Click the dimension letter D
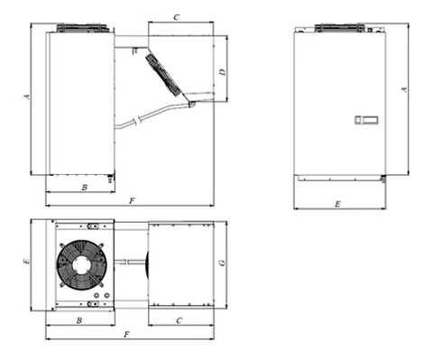(x=223, y=72)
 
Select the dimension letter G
(x=222, y=263)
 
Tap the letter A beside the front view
(x=405, y=89)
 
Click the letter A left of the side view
(x=27, y=97)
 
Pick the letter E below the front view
(x=337, y=204)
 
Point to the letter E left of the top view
(x=27, y=262)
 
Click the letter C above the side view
(x=177, y=17)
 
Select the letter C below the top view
(x=180, y=320)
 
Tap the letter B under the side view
(x=85, y=188)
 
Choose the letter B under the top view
(x=79, y=320)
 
